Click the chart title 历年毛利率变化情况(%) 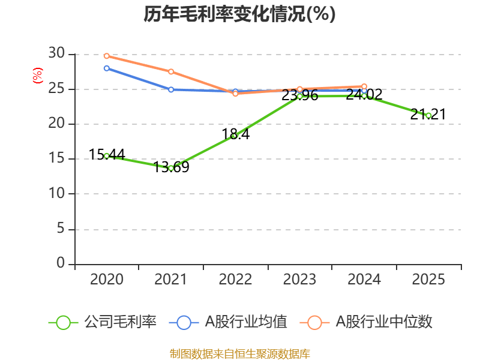coord(239,14)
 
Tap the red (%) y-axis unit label coord(38,76)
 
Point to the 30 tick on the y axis coord(56,53)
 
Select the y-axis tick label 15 coord(56,158)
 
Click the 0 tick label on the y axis coord(61,263)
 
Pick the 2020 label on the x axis coord(107,279)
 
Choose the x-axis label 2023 coord(299,279)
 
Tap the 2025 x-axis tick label coord(428,279)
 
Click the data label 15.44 coord(107,155)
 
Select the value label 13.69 coord(171,167)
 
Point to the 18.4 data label coord(235,134)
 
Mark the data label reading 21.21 coord(428,114)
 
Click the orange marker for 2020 coord(107,56)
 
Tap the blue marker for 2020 coord(107,68)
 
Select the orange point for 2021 coord(171,71)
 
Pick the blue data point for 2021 coord(171,89)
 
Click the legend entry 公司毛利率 coord(103,322)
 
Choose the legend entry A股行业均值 coord(228,322)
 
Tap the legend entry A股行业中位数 coord(366,322)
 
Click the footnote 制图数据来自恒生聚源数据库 coord(240,354)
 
